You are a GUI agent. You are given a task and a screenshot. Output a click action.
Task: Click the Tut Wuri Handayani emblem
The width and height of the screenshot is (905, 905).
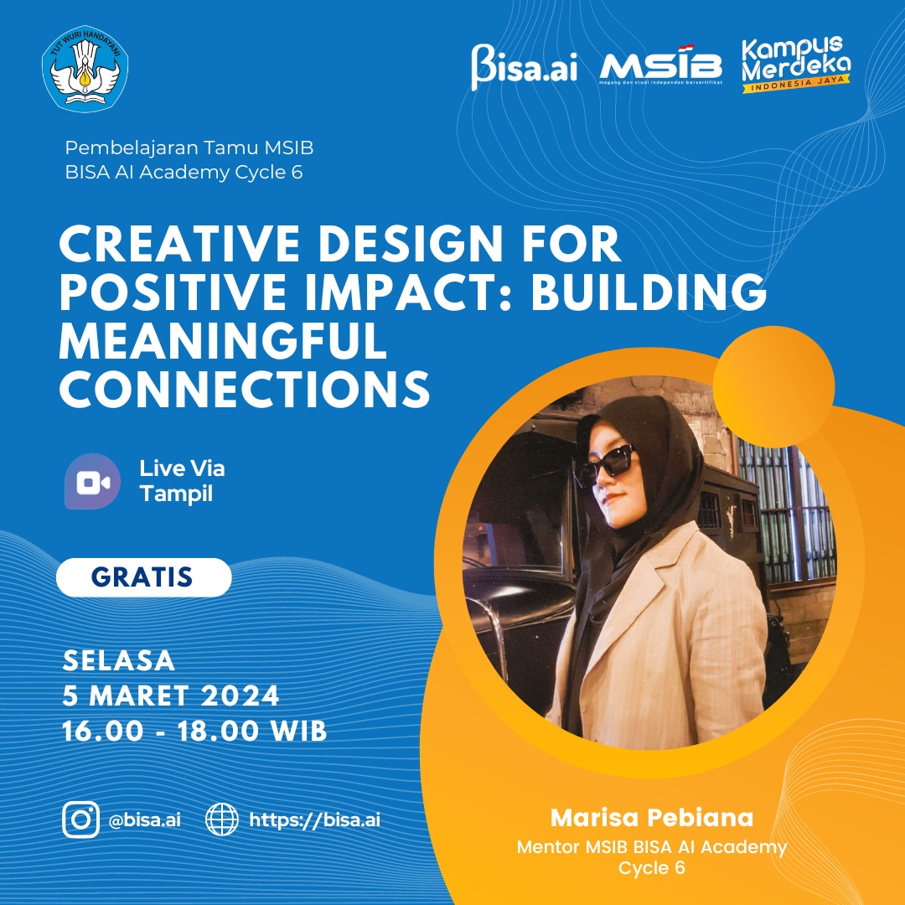(85, 68)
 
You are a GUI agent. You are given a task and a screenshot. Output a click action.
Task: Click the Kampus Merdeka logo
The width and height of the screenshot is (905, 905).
(796, 64)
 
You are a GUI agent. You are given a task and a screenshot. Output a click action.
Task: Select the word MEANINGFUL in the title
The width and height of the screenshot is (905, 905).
(223, 340)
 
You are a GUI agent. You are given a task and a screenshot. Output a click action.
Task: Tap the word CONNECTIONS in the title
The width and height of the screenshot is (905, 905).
(245, 389)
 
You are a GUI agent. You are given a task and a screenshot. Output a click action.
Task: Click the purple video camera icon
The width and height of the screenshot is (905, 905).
(92, 481)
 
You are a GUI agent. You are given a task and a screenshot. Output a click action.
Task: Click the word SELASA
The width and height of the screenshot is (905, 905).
(119, 661)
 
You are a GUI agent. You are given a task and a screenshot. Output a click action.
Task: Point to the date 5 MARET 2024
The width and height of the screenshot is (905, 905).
(171, 696)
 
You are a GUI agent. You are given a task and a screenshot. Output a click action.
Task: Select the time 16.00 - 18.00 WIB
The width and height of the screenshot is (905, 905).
(194, 732)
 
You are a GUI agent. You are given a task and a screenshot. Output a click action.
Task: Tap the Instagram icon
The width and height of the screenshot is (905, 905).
(80, 820)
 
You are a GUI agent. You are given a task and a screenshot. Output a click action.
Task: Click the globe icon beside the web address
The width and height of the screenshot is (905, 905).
(222, 820)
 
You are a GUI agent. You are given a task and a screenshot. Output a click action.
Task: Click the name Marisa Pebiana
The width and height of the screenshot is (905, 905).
(652, 818)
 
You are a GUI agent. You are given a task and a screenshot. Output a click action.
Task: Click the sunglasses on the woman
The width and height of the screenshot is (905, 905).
(603, 463)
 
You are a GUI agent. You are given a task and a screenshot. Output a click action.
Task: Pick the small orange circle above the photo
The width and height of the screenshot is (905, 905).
(773, 386)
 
